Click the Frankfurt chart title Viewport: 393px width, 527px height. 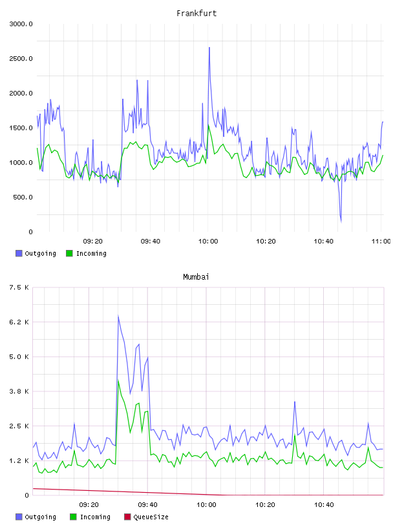point(197,14)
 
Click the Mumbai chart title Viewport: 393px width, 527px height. point(196,277)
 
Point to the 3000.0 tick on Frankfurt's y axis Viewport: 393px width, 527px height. point(21,24)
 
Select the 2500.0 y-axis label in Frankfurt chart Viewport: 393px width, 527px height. point(21,59)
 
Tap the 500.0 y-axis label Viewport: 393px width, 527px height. point(23,197)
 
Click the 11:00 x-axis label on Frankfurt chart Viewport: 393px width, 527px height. point(381,242)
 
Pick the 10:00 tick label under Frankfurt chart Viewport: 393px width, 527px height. point(208,242)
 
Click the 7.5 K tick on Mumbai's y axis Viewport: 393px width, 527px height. point(19,287)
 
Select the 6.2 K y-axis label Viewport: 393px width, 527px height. point(19,322)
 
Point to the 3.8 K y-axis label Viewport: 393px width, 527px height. point(19,391)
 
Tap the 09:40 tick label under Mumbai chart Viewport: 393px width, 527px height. point(147,505)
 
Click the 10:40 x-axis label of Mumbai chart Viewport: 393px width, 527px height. point(324,505)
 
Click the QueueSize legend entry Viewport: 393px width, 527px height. point(146,517)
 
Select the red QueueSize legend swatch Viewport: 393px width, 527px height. point(127,517)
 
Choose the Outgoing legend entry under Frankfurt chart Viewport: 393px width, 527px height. point(36,253)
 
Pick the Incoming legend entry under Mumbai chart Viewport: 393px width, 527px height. point(90,517)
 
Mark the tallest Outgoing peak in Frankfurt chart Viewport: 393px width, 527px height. point(209,48)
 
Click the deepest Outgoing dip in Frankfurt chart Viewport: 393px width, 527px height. point(341,222)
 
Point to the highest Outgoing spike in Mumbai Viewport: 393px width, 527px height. point(118,316)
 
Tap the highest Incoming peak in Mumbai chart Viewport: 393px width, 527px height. point(118,380)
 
